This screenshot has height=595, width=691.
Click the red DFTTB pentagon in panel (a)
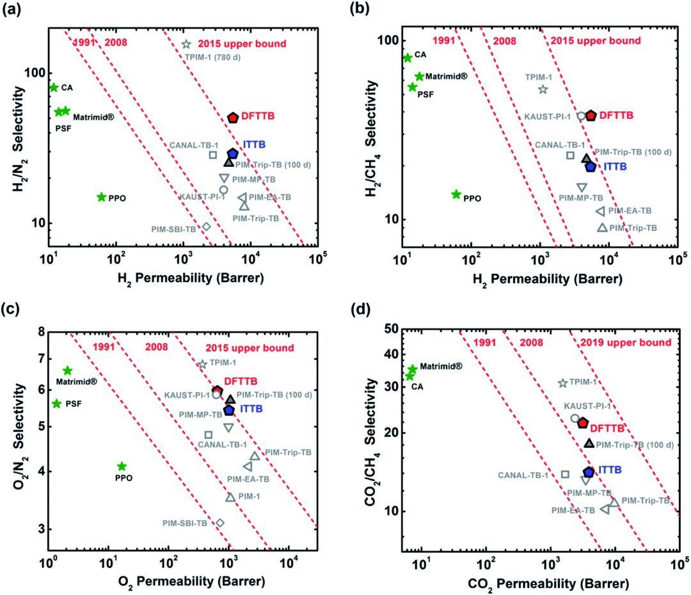coord(233,117)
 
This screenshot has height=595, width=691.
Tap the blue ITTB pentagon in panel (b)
coord(591,166)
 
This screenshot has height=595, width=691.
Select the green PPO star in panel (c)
coord(122,466)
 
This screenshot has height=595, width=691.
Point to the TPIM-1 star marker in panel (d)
coord(562,383)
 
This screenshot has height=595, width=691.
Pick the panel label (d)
coord(362,313)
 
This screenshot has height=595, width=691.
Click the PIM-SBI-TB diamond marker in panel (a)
coord(206,226)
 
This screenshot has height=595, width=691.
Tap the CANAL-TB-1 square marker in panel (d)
coord(565,474)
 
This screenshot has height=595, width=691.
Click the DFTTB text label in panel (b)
coord(617,115)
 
